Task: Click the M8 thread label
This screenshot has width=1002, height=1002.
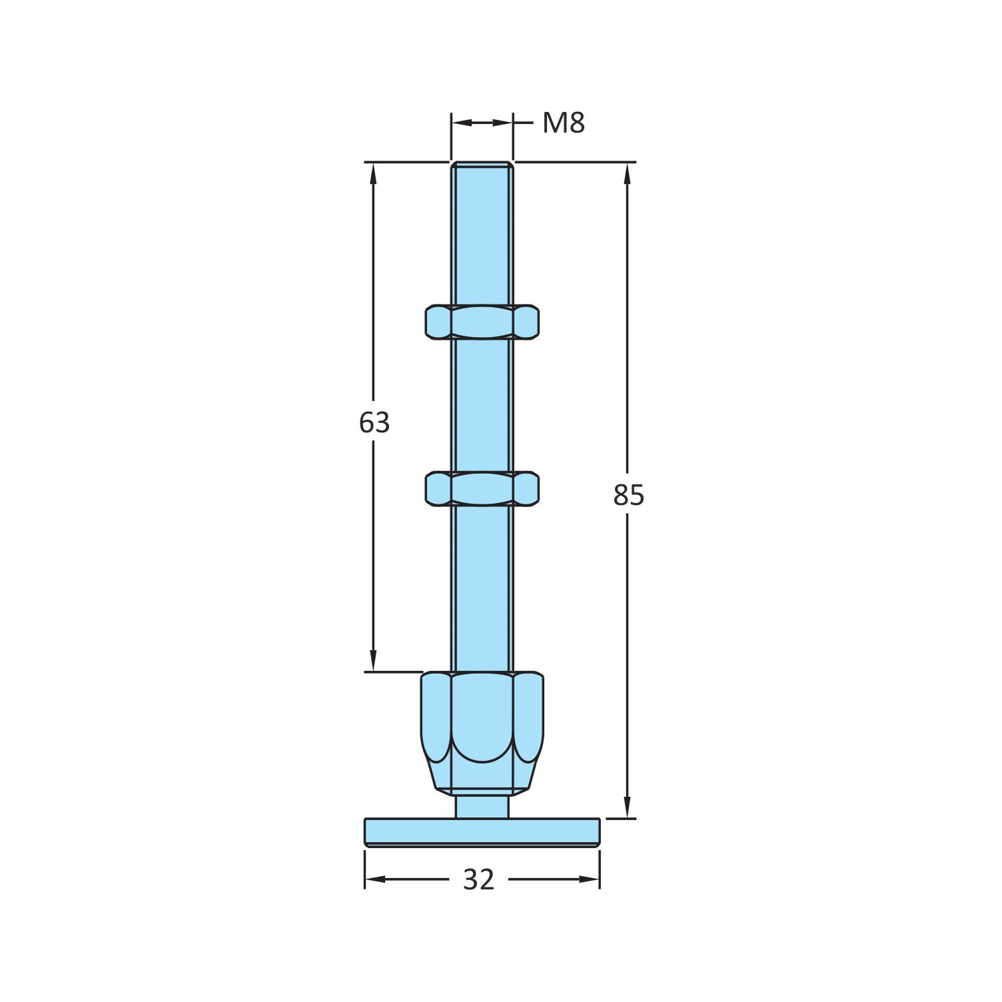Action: [564, 123]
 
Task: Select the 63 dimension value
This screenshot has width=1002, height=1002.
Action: [374, 422]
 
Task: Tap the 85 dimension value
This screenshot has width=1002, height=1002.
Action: [628, 495]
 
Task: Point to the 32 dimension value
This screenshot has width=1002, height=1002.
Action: [478, 880]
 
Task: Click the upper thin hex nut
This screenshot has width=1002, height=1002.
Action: [482, 322]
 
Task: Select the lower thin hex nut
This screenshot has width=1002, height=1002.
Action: [482, 488]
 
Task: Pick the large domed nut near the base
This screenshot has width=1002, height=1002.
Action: [482, 733]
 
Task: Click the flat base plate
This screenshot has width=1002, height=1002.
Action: [482, 832]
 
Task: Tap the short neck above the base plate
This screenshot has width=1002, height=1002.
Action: [482, 806]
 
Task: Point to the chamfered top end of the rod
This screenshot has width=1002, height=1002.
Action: [482, 165]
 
